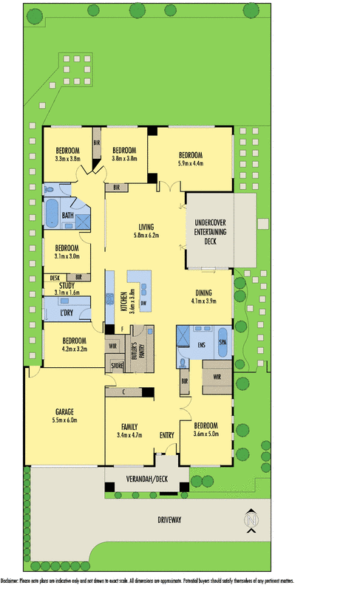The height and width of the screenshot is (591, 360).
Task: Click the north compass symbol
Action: coord(252,521)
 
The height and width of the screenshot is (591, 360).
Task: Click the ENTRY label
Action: coord(167,435)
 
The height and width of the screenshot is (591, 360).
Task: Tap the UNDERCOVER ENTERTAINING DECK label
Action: coord(211,231)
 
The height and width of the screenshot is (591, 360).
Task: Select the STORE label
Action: coord(116,364)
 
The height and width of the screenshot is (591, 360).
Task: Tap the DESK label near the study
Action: coord(55,277)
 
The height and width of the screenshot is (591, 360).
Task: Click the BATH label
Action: coord(67,216)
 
